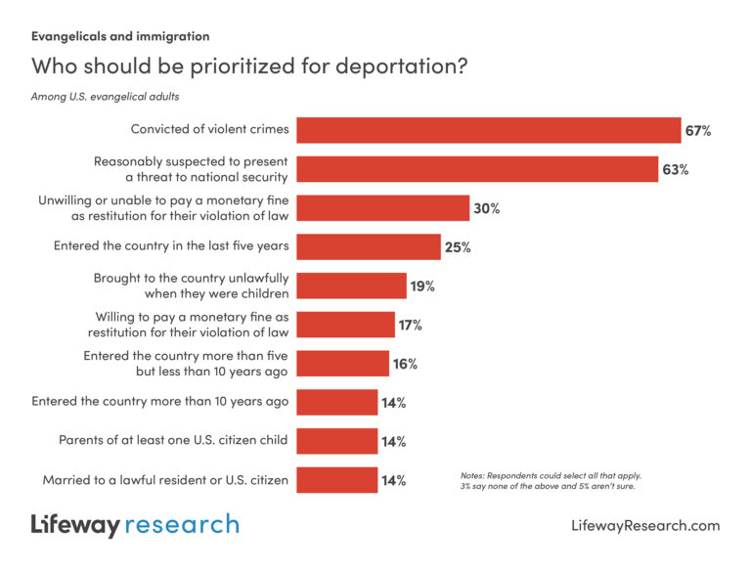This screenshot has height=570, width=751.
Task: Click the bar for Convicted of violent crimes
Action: (489, 130)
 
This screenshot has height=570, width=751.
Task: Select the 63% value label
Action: (675, 169)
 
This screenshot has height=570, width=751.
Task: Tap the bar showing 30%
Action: (383, 208)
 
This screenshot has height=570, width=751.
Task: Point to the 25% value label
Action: (458, 246)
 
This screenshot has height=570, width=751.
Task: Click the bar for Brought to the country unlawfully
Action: (351, 285)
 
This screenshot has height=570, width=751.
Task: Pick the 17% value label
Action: (412, 325)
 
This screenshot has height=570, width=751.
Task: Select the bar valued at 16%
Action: (342, 364)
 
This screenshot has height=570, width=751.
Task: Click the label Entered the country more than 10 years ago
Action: (159, 402)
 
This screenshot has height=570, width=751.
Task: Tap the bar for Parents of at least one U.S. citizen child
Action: (336, 441)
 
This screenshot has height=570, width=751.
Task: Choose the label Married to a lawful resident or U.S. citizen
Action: (165, 480)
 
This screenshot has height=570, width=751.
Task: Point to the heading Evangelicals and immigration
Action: (120, 36)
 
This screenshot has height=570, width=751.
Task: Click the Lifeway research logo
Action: (135, 525)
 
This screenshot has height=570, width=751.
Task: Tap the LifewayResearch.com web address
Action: (644, 526)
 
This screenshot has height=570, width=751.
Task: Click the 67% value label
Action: (697, 130)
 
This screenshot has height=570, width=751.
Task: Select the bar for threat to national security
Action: (477, 169)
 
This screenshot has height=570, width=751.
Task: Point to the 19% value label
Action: (422, 285)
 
